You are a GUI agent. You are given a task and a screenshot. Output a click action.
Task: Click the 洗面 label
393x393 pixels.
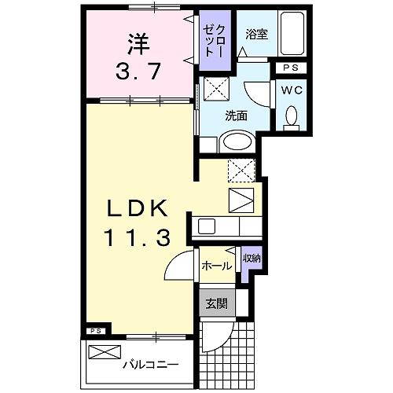(x=236, y=116)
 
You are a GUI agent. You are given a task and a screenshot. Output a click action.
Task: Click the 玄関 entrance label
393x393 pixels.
(x=215, y=302)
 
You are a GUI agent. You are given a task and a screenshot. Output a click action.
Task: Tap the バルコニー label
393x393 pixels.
(x=149, y=365)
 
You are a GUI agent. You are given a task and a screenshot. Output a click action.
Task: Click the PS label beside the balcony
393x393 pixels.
(x=94, y=332)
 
